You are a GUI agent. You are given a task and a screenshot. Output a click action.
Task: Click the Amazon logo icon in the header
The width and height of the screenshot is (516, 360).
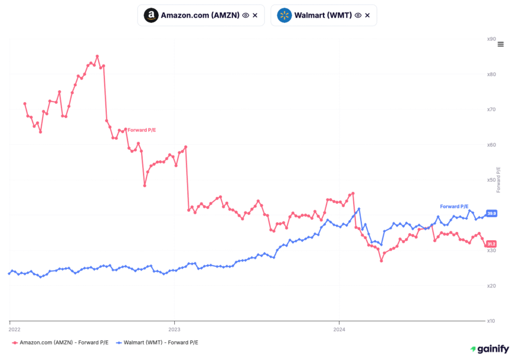pos(151,15)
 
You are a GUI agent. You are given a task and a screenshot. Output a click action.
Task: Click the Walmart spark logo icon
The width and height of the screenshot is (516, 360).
pos(285,15)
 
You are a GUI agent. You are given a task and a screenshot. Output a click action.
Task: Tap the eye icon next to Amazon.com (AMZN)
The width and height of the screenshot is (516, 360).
pos(245,15)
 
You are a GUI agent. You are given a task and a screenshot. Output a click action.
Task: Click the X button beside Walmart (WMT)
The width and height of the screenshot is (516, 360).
pos(367,15)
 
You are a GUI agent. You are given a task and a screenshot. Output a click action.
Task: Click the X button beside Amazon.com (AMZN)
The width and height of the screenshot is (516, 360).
pos(255,15)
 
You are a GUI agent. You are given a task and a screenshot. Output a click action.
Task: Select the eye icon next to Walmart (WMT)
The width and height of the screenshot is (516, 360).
pos(358,15)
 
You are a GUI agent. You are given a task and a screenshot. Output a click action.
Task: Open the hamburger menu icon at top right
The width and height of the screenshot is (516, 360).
pos(500,44)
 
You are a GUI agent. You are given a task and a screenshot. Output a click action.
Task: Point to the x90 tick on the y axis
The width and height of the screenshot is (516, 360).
pos(491,39)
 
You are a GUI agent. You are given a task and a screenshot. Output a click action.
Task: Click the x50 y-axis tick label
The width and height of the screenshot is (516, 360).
pos(491,180)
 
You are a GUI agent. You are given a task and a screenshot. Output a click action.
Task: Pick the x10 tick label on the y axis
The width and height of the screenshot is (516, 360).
pos(491,321)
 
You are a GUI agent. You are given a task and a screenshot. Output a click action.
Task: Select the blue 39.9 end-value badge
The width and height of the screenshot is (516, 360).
pos(491,213)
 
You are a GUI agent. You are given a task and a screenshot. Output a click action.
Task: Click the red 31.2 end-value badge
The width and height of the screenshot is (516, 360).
pos(491,244)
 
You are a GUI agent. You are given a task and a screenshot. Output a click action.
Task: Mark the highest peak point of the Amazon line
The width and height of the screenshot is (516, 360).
pos(97,56)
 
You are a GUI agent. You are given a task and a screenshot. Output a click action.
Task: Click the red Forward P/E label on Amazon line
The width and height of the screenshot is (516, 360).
pos(141,130)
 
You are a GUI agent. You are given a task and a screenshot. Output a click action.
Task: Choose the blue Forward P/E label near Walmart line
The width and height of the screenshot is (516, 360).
pos(454,206)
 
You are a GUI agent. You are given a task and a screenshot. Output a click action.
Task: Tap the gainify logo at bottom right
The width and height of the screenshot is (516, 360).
pos(489,348)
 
